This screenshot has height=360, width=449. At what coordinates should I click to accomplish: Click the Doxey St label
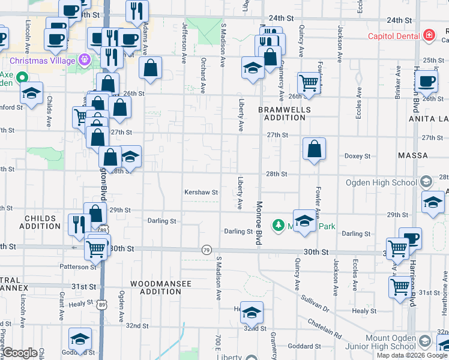pyautogui.click(x=357, y=156)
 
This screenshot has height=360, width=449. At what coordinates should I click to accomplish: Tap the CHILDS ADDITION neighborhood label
pyautogui.click(x=40, y=222)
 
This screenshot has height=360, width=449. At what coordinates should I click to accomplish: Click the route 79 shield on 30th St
pyautogui.click(x=206, y=250)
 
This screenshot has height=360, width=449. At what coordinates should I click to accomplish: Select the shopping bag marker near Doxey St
pyautogui.click(x=314, y=150)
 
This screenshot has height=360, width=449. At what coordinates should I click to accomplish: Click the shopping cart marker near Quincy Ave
pyautogui.click(x=308, y=84)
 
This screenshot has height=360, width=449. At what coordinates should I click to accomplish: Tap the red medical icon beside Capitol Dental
pyautogui.click(x=429, y=36)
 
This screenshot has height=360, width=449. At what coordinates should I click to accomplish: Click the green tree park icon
pyautogui.click(x=279, y=226)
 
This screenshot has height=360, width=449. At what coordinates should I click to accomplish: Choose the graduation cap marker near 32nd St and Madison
pyautogui.click(x=252, y=312)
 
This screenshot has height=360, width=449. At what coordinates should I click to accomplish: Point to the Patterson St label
pyautogui.click(x=78, y=266)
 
